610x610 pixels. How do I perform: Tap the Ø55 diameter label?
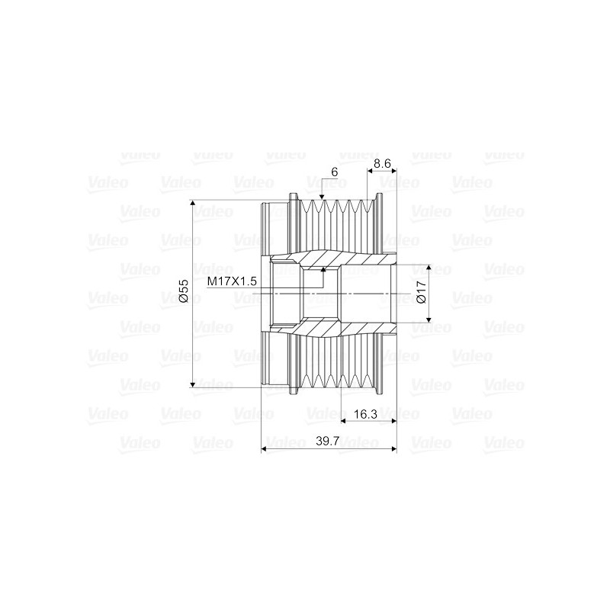(x=183, y=293)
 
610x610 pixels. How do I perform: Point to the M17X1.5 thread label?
(x=232, y=281)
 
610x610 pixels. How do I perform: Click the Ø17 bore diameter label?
(x=421, y=294)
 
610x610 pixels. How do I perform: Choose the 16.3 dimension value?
(x=367, y=413)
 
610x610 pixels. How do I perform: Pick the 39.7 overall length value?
(x=329, y=441)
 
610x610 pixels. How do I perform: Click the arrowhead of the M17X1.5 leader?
(x=324, y=269)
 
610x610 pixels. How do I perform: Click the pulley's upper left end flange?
(x=274, y=229)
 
